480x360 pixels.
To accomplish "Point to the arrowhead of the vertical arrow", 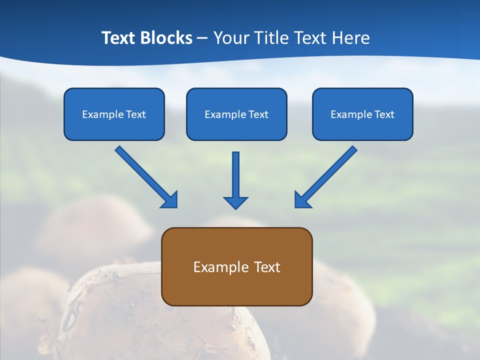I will point(235,202).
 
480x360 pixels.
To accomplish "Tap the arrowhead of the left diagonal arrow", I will point(170,200).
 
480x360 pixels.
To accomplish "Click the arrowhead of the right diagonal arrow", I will point(302,200).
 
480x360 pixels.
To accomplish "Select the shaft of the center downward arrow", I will point(235,172).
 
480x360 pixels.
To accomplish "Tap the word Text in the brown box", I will point(267,267).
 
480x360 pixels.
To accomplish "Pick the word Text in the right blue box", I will point(384,114).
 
